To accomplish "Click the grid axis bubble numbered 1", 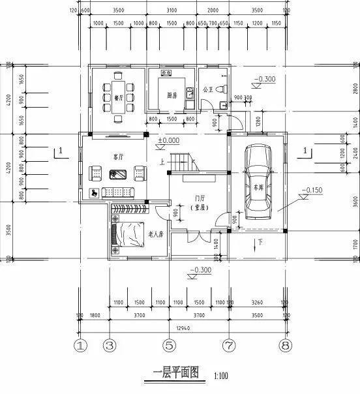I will (x=80, y=344).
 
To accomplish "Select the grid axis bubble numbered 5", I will (x=169, y=344).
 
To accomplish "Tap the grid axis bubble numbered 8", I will (x=285, y=344).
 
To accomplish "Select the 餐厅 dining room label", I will (x=119, y=98).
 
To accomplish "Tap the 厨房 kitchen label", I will (x=172, y=95).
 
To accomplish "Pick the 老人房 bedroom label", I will (x=155, y=234).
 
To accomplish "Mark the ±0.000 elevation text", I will (x=168, y=140).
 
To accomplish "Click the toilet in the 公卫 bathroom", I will (x=221, y=88).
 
